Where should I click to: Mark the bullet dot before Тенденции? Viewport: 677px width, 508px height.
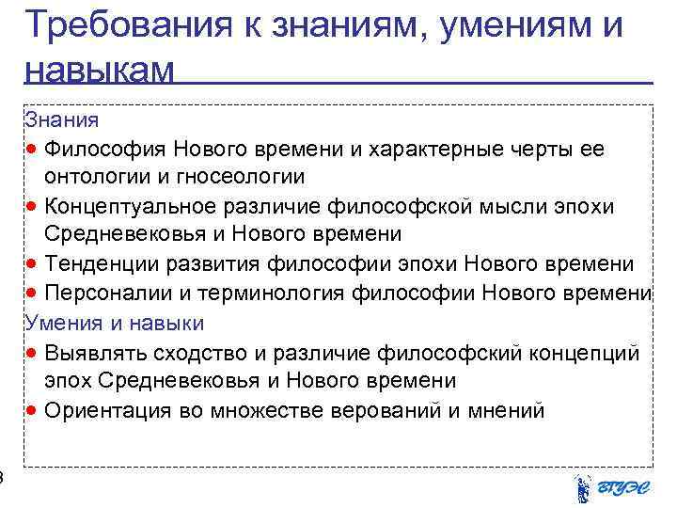click(33, 264)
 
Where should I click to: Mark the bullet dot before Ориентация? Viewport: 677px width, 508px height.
click(33, 411)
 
